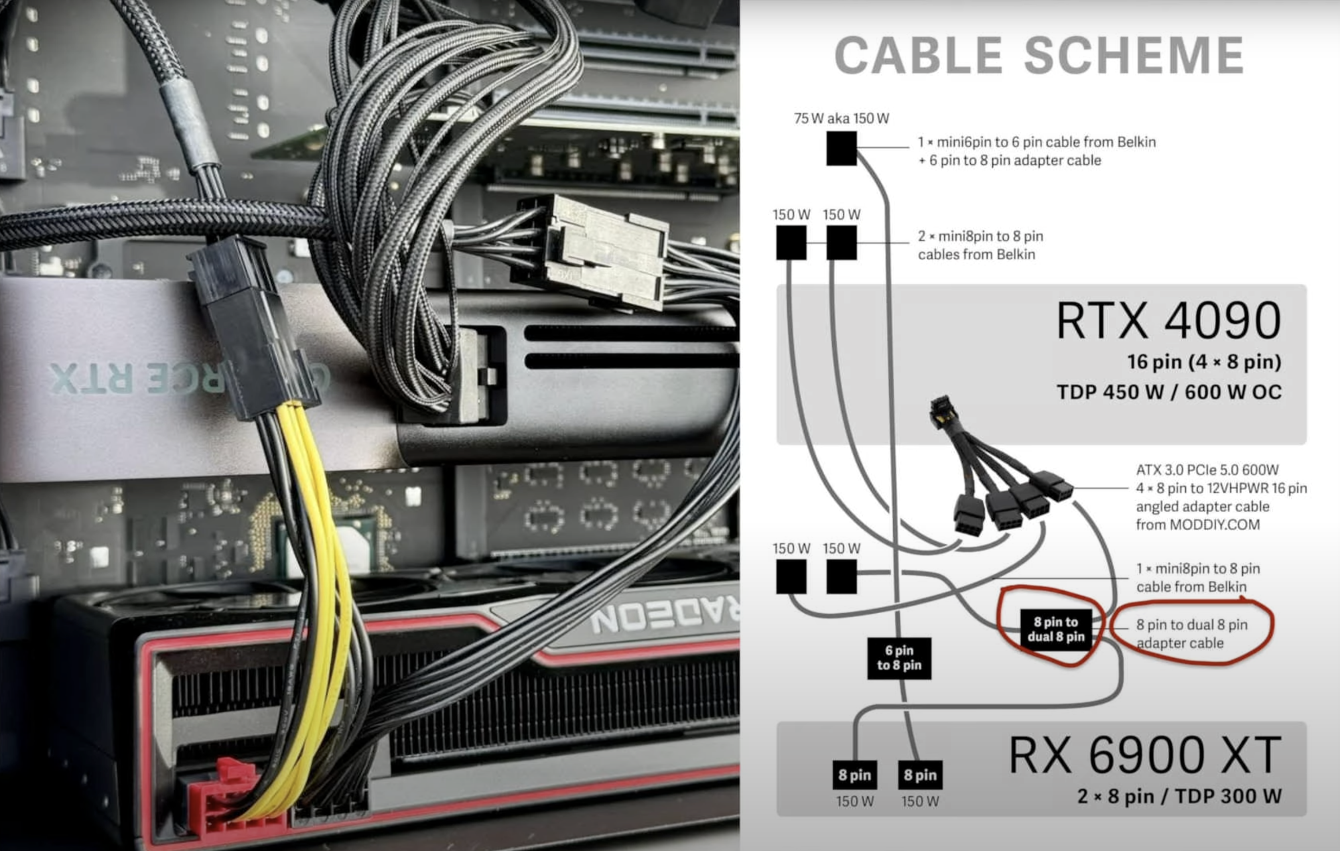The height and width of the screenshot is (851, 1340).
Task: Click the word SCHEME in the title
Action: coord(1134,55)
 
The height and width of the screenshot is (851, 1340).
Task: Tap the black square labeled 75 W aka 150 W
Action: coord(842,148)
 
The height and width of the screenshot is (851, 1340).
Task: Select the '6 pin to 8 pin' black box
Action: coord(899,658)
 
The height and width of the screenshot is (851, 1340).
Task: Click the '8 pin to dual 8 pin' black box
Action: coord(1056,630)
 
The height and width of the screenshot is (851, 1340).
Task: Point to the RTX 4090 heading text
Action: coord(1168,321)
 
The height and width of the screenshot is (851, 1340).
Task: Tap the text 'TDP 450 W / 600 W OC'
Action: coord(1168,392)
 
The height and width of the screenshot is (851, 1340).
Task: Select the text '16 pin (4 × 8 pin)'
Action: coord(1203,362)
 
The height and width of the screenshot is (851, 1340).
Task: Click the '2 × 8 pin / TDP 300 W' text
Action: coord(1179,796)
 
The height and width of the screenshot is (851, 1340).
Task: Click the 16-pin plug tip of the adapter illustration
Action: coord(941,406)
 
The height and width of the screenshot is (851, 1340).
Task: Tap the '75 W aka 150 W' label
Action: coord(842,119)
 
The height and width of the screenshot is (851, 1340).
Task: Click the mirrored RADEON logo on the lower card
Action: coord(663,616)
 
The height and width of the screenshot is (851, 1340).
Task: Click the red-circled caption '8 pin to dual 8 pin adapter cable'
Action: coord(1191,634)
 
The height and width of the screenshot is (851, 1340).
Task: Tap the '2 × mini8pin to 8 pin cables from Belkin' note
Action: coord(980,245)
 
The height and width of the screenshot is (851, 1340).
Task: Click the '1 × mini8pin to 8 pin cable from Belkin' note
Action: coord(1197,578)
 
